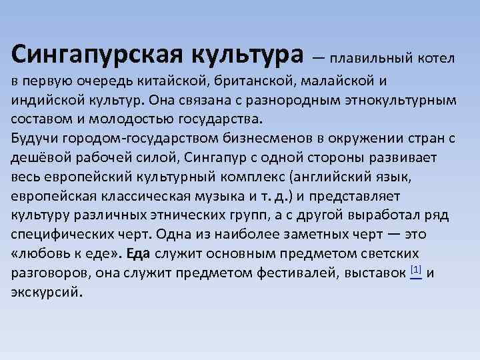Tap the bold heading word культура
tap(240, 52)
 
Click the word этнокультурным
tap(397, 100)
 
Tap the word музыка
tap(211, 197)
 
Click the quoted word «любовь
tap(39, 254)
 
